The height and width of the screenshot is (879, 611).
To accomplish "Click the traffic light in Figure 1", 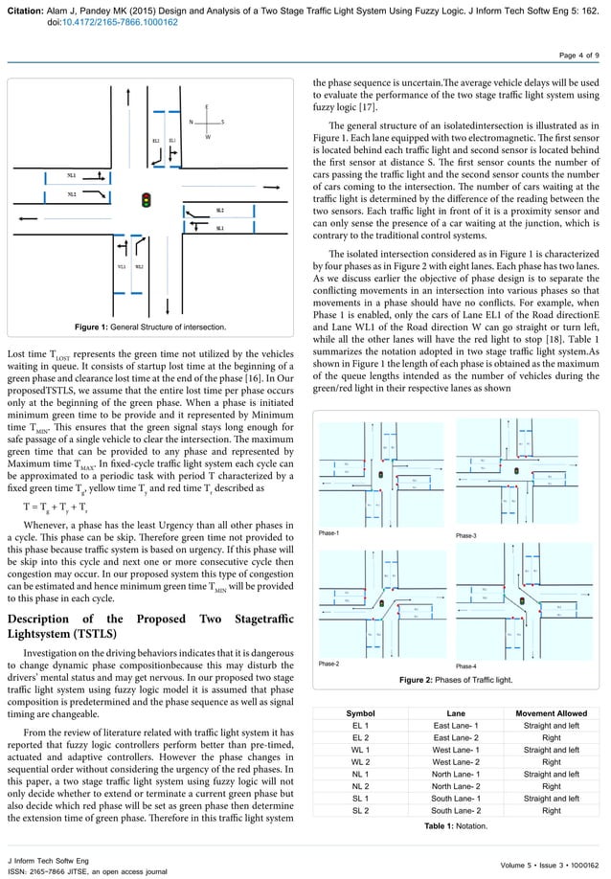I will point(147,201).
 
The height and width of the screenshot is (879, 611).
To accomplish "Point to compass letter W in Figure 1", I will point(207,138).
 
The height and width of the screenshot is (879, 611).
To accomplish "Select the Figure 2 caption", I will point(455,679).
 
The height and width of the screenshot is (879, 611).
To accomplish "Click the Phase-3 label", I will point(467,535).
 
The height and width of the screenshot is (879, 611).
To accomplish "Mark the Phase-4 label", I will point(467,665).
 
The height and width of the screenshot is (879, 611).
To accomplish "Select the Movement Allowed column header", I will point(551,713).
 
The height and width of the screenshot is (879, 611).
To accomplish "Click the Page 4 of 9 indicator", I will point(578,56).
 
